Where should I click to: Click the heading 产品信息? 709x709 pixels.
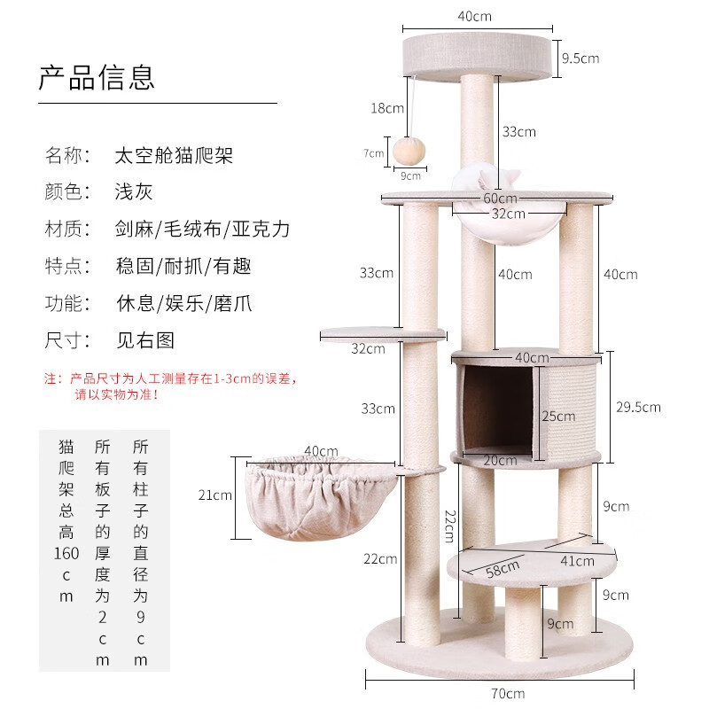tap(97, 77)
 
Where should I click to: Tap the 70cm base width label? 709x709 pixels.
tap(508, 693)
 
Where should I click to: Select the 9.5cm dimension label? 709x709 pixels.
tap(580, 58)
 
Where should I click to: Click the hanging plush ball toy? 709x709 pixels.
tap(409, 152)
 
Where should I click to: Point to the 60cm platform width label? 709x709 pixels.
tap(500, 198)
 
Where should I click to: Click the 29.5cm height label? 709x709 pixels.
tap(638, 407)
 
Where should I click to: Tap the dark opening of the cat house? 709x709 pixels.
tap(498, 409)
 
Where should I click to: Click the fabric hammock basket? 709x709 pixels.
tap(321, 496)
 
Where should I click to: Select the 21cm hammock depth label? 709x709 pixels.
tap(214, 495)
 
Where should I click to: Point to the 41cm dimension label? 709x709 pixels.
tap(577, 561)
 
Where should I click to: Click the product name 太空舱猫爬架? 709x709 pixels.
tap(174, 155)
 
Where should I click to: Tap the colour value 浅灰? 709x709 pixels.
tap(134, 191)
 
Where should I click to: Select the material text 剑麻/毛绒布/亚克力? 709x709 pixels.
tap(202, 229)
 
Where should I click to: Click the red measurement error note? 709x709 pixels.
tap(170, 386)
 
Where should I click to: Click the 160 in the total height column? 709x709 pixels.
tap(66, 553)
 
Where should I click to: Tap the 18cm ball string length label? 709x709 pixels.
tap(387, 108)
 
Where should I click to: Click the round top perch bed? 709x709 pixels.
tap(477, 57)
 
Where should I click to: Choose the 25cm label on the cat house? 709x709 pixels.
tap(558, 416)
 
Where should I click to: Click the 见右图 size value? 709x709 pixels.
tap(145, 340)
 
